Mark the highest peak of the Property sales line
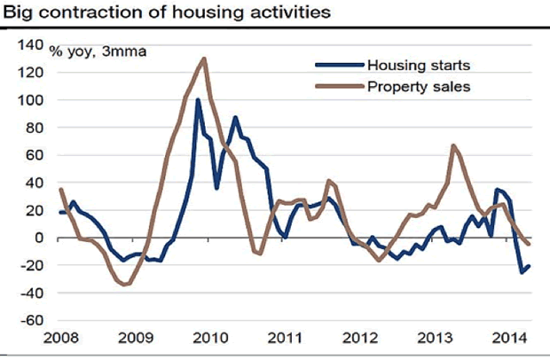(x=205, y=59)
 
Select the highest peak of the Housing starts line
(x=197, y=99)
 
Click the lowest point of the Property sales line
(x=125, y=285)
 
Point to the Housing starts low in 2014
(x=522, y=271)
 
